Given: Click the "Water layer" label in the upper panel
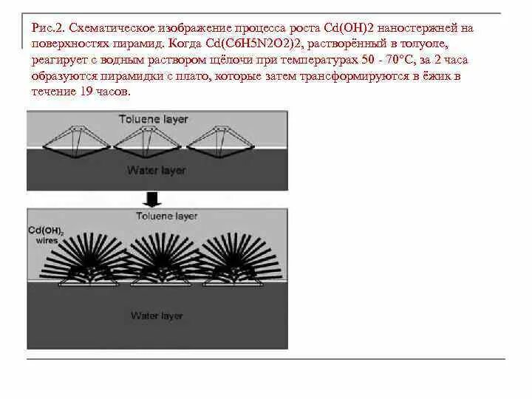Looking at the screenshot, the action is tap(156, 171).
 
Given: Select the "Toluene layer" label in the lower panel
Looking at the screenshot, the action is tap(166, 216).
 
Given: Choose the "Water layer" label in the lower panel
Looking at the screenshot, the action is tap(156, 316).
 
